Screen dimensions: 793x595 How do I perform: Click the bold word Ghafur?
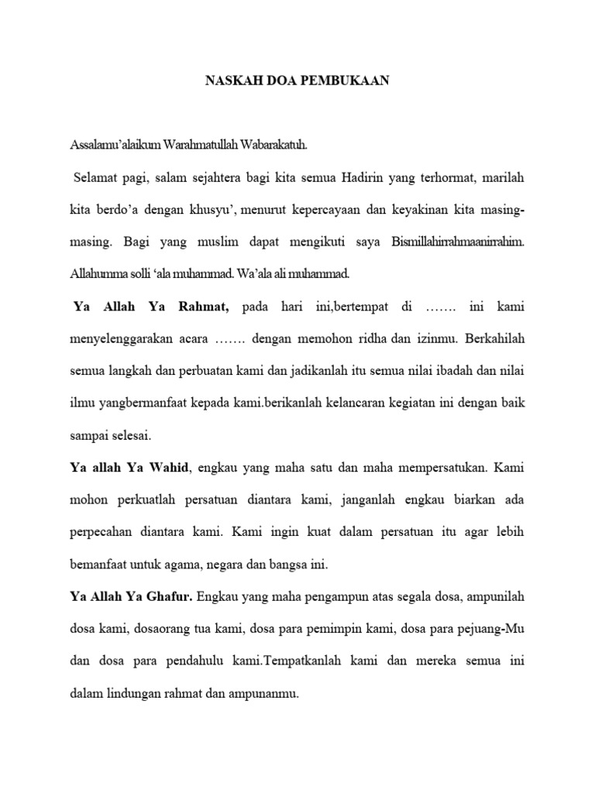coord(170,597)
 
